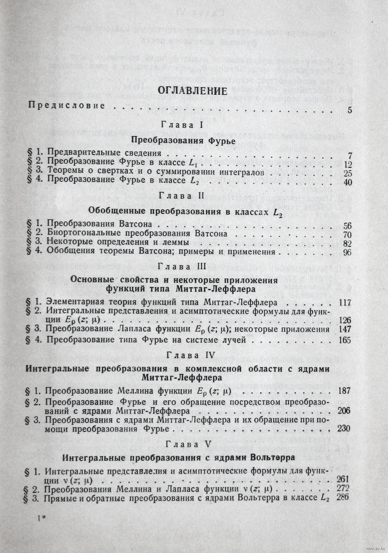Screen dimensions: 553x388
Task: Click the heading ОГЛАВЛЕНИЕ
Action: coord(192,91)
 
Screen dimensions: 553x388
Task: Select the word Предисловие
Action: coord(67,105)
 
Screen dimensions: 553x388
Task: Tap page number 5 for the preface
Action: coord(350,110)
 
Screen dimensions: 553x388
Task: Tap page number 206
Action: coord(344,411)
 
